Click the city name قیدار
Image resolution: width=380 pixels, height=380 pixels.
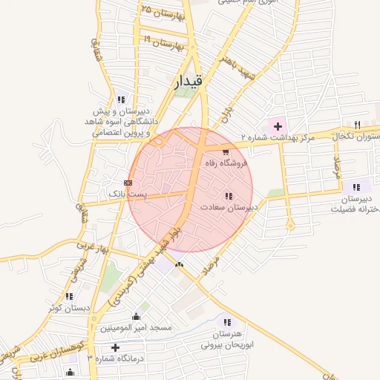pos(186,83)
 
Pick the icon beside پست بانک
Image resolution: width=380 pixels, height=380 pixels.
pos(128,182)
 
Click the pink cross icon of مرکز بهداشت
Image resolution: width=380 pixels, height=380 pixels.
pos(278,125)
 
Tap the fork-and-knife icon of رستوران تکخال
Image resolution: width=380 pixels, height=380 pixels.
pos(357,125)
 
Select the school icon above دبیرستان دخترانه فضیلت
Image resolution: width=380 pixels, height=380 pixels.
pos(357,186)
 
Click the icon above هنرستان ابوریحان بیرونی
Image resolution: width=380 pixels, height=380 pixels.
pos(226,321)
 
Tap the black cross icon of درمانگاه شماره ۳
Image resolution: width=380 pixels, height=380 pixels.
pos(114,347)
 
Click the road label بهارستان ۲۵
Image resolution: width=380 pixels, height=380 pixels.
pos(162,12)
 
